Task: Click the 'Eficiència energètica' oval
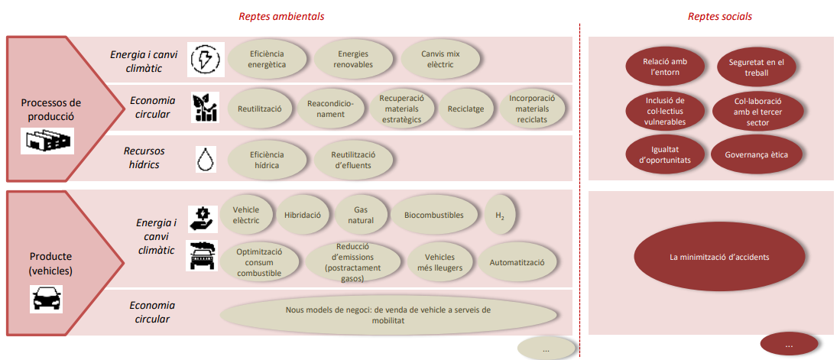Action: click(268, 59)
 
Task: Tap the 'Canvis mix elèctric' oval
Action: click(439, 59)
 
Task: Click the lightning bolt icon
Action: click(206, 59)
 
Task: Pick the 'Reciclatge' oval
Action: click(465, 109)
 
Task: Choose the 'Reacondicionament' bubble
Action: click(329, 109)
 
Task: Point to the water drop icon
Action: click(206, 159)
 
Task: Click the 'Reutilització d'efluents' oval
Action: click(354, 160)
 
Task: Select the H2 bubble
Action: click(500, 216)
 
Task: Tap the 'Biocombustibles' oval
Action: click(434, 216)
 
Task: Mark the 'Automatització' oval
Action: click(517, 262)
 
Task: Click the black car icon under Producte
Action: click(46, 299)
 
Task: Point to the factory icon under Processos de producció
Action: click(47, 141)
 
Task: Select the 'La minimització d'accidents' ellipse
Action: click(719, 257)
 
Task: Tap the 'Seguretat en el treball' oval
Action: click(756, 67)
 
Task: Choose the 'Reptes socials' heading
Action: click(719, 17)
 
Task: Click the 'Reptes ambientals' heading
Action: click(281, 17)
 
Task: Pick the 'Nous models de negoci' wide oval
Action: click(388, 315)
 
